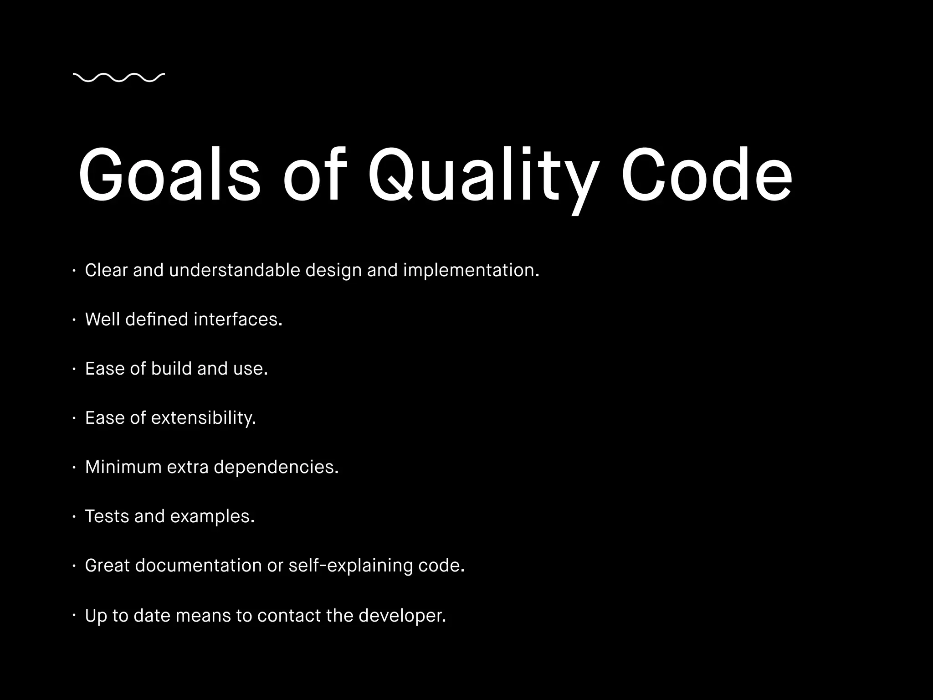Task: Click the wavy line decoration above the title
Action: click(118, 78)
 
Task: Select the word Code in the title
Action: click(707, 175)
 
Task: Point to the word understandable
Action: click(235, 270)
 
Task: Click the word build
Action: click(171, 369)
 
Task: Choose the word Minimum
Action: click(123, 467)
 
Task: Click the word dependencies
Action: click(276, 467)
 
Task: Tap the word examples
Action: click(212, 516)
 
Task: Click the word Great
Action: click(107, 566)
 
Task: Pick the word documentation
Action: click(198, 566)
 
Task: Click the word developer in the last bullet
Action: click(402, 616)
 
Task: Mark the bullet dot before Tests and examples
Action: click(74, 517)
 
